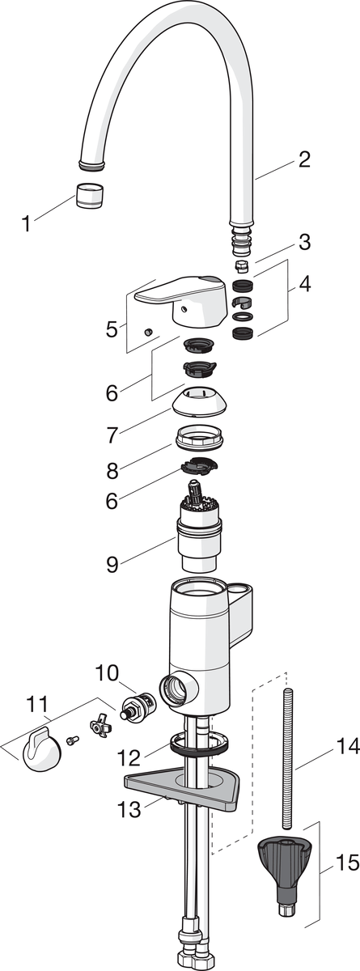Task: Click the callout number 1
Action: tap(27, 223)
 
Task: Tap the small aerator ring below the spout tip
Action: tap(90, 195)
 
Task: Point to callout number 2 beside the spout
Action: tap(304, 159)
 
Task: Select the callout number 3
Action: tap(304, 242)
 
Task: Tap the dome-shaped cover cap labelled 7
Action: tap(200, 399)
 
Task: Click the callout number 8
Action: tap(112, 470)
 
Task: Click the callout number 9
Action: tap(112, 565)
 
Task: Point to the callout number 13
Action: tap(129, 808)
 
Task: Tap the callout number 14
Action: tap(349, 745)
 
